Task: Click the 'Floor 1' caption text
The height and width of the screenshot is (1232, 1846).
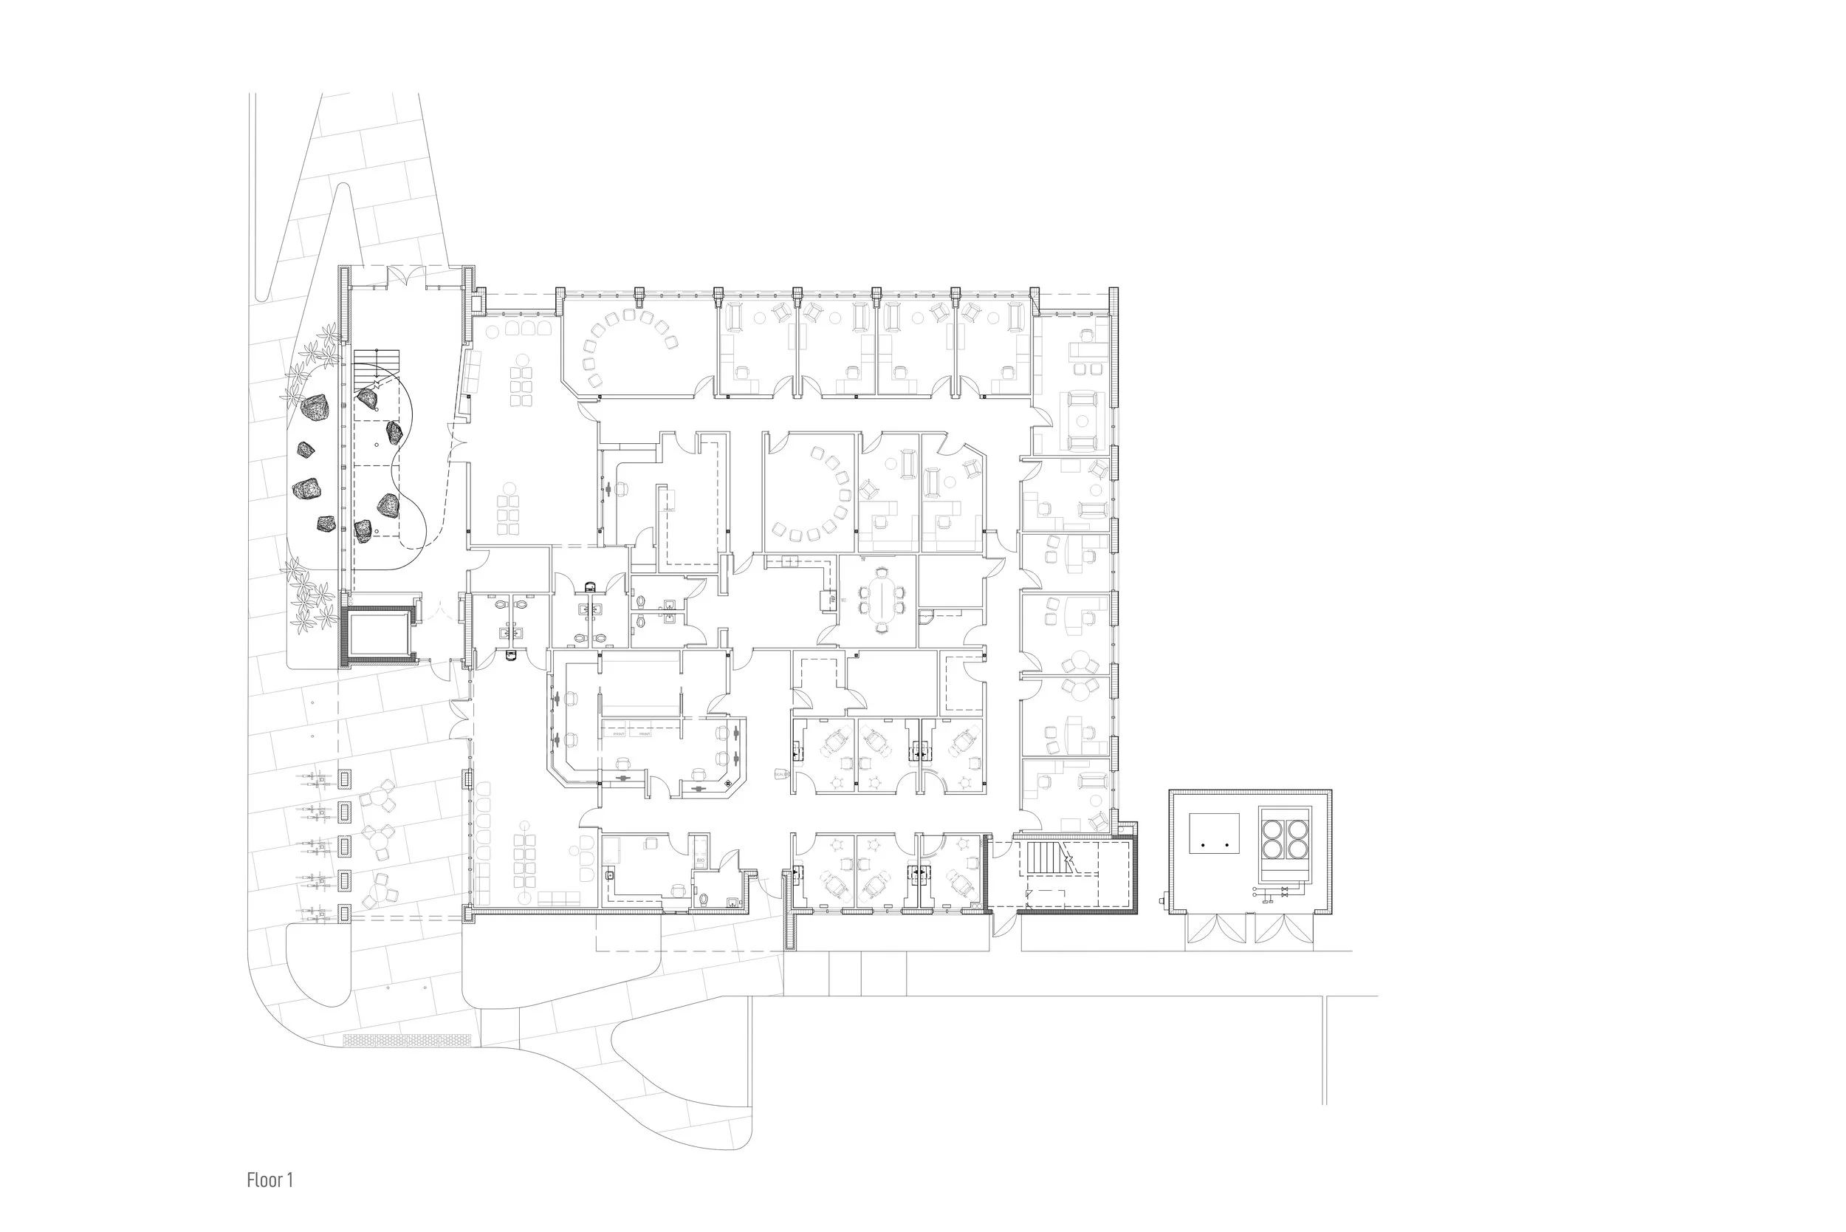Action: point(270,1180)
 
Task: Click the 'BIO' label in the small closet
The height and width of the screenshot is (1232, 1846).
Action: point(699,861)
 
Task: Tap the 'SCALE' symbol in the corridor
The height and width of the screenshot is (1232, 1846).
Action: point(780,775)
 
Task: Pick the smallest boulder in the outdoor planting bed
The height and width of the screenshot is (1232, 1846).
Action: point(306,451)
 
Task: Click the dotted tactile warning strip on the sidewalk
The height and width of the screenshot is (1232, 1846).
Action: point(407,1039)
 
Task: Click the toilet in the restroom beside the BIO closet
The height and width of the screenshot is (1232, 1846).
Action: point(704,898)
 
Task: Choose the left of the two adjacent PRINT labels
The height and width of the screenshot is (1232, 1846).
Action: point(619,735)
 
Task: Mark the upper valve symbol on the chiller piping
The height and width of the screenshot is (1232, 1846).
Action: point(1284,889)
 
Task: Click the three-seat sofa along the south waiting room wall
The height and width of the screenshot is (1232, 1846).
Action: point(558,898)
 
